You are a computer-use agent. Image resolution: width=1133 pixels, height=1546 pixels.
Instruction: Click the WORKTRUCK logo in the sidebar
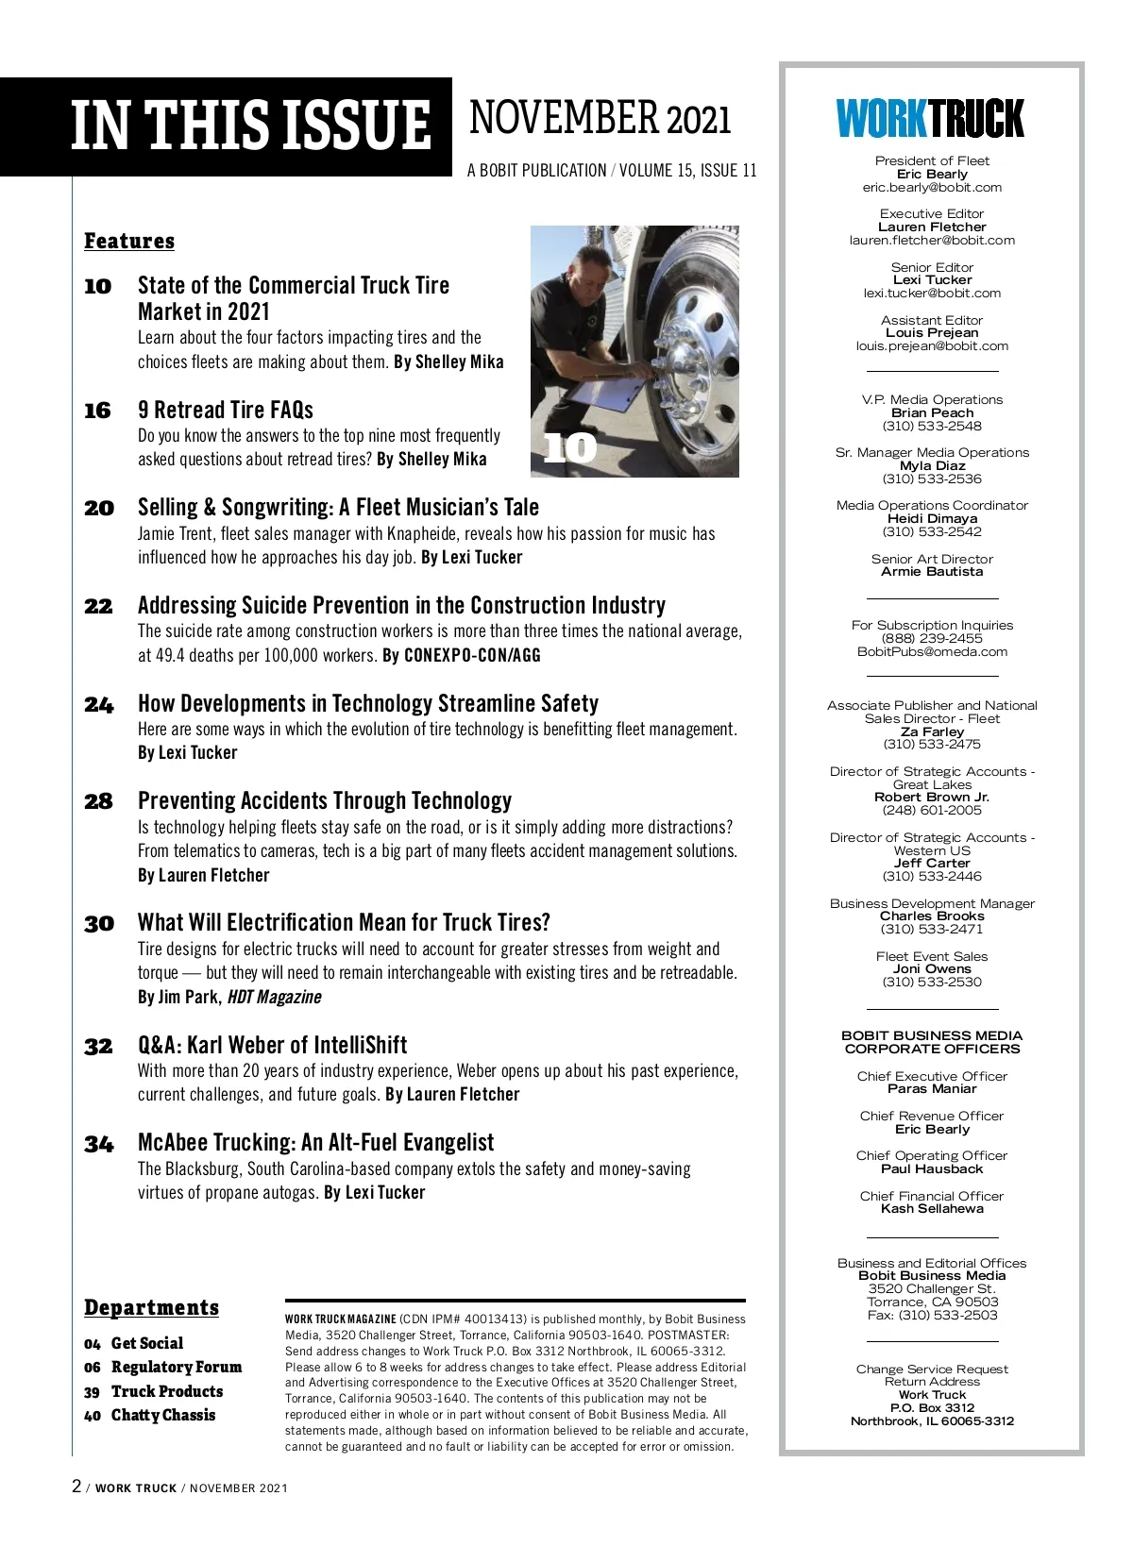pyautogui.click(x=930, y=119)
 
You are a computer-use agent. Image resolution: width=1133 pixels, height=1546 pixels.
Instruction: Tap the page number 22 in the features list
pyautogui.click(x=98, y=607)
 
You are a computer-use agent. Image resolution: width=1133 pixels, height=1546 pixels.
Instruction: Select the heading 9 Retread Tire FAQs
pyautogui.click(x=226, y=410)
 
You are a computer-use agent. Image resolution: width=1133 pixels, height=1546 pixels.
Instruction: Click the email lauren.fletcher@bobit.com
pyautogui.click(x=932, y=241)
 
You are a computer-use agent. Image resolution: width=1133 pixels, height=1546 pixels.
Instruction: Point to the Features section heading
pyautogui.click(x=129, y=242)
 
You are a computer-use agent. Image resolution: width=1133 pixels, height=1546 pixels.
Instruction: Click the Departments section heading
pyautogui.click(x=151, y=1308)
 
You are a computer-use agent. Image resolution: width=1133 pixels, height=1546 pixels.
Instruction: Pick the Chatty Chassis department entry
pyautogui.click(x=162, y=1416)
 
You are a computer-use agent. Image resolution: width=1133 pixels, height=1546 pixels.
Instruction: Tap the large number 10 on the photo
pyautogui.click(x=570, y=447)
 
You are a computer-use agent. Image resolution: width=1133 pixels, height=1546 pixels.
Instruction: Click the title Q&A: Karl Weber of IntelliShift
pyautogui.click(x=272, y=1046)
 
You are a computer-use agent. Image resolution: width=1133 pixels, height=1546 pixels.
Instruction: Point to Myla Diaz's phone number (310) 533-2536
pyautogui.click(x=932, y=479)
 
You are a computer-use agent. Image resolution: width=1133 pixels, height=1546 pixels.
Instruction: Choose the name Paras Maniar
pyautogui.click(x=932, y=1089)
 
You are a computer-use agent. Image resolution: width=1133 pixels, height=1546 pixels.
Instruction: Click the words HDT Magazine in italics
pyautogui.click(x=274, y=998)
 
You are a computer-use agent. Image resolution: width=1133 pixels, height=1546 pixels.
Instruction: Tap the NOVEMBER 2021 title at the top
pyautogui.click(x=600, y=120)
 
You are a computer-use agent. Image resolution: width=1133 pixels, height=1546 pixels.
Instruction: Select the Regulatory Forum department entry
pyautogui.click(x=176, y=1368)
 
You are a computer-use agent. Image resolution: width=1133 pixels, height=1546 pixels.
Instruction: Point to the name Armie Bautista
pyautogui.click(x=932, y=572)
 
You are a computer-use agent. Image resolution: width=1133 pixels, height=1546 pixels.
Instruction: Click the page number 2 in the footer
pyautogui.click(x=77, y=1487)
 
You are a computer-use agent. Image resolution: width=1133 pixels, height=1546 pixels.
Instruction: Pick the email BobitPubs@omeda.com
pyautogui.click(x=932, y=652)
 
